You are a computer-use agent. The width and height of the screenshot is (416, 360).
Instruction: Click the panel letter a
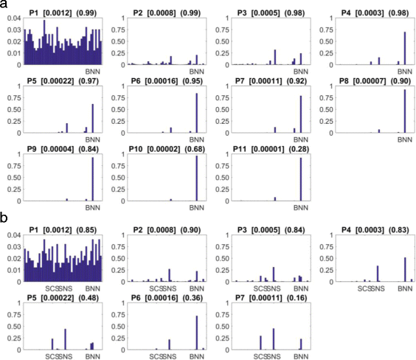pyautogui.click(x=4, y=4)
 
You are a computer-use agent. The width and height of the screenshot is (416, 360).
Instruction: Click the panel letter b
pyautogui.click(x=4, y=218)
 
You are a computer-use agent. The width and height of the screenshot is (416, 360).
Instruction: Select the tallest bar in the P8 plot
pyautogui.click(x=405, y=111)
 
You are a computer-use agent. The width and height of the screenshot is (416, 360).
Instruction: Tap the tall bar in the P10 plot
pyautogui.click(x=197, y=179)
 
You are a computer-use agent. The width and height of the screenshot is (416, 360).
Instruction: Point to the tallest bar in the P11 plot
pyautogui.click(x=301, y=179)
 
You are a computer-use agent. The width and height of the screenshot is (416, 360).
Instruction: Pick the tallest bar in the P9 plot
pyautogui.click(x=93, y=179)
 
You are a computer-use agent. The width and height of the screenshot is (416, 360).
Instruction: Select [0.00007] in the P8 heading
pyautogui.click(x=370, y=81)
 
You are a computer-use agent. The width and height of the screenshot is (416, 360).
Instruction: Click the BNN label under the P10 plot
pyautogui.click(x=197, y=207)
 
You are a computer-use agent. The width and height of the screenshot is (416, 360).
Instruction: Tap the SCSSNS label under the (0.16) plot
pyautogui.click(x=267, y=356)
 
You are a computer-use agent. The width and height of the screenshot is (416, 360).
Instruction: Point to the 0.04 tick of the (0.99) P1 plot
pyautogui.click(x=14, y=18)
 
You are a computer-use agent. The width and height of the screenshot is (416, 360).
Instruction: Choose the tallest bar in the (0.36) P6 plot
pyautogui.click(x=197, y=333)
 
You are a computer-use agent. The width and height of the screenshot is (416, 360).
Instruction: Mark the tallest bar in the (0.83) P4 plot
pyautogui.click(x=405, y=269)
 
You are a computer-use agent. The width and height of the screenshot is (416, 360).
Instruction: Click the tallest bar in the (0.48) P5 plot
pyautogui.click(x=65, y=339)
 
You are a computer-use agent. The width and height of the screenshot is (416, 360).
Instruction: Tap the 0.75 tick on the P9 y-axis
pyautogui.click(x=15, y=166)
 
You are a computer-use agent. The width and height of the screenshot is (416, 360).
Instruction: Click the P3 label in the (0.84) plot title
pyautogui.click(x=242, y=229)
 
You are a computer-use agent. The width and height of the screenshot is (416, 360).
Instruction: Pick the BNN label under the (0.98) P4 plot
pyautogui.click(x=405, y=72)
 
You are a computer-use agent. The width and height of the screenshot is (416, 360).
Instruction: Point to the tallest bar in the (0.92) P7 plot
pyautogui.click(x=301, y=114)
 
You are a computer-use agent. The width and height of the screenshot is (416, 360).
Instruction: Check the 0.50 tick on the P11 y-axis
pyautogui.click(x=223, y=178)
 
